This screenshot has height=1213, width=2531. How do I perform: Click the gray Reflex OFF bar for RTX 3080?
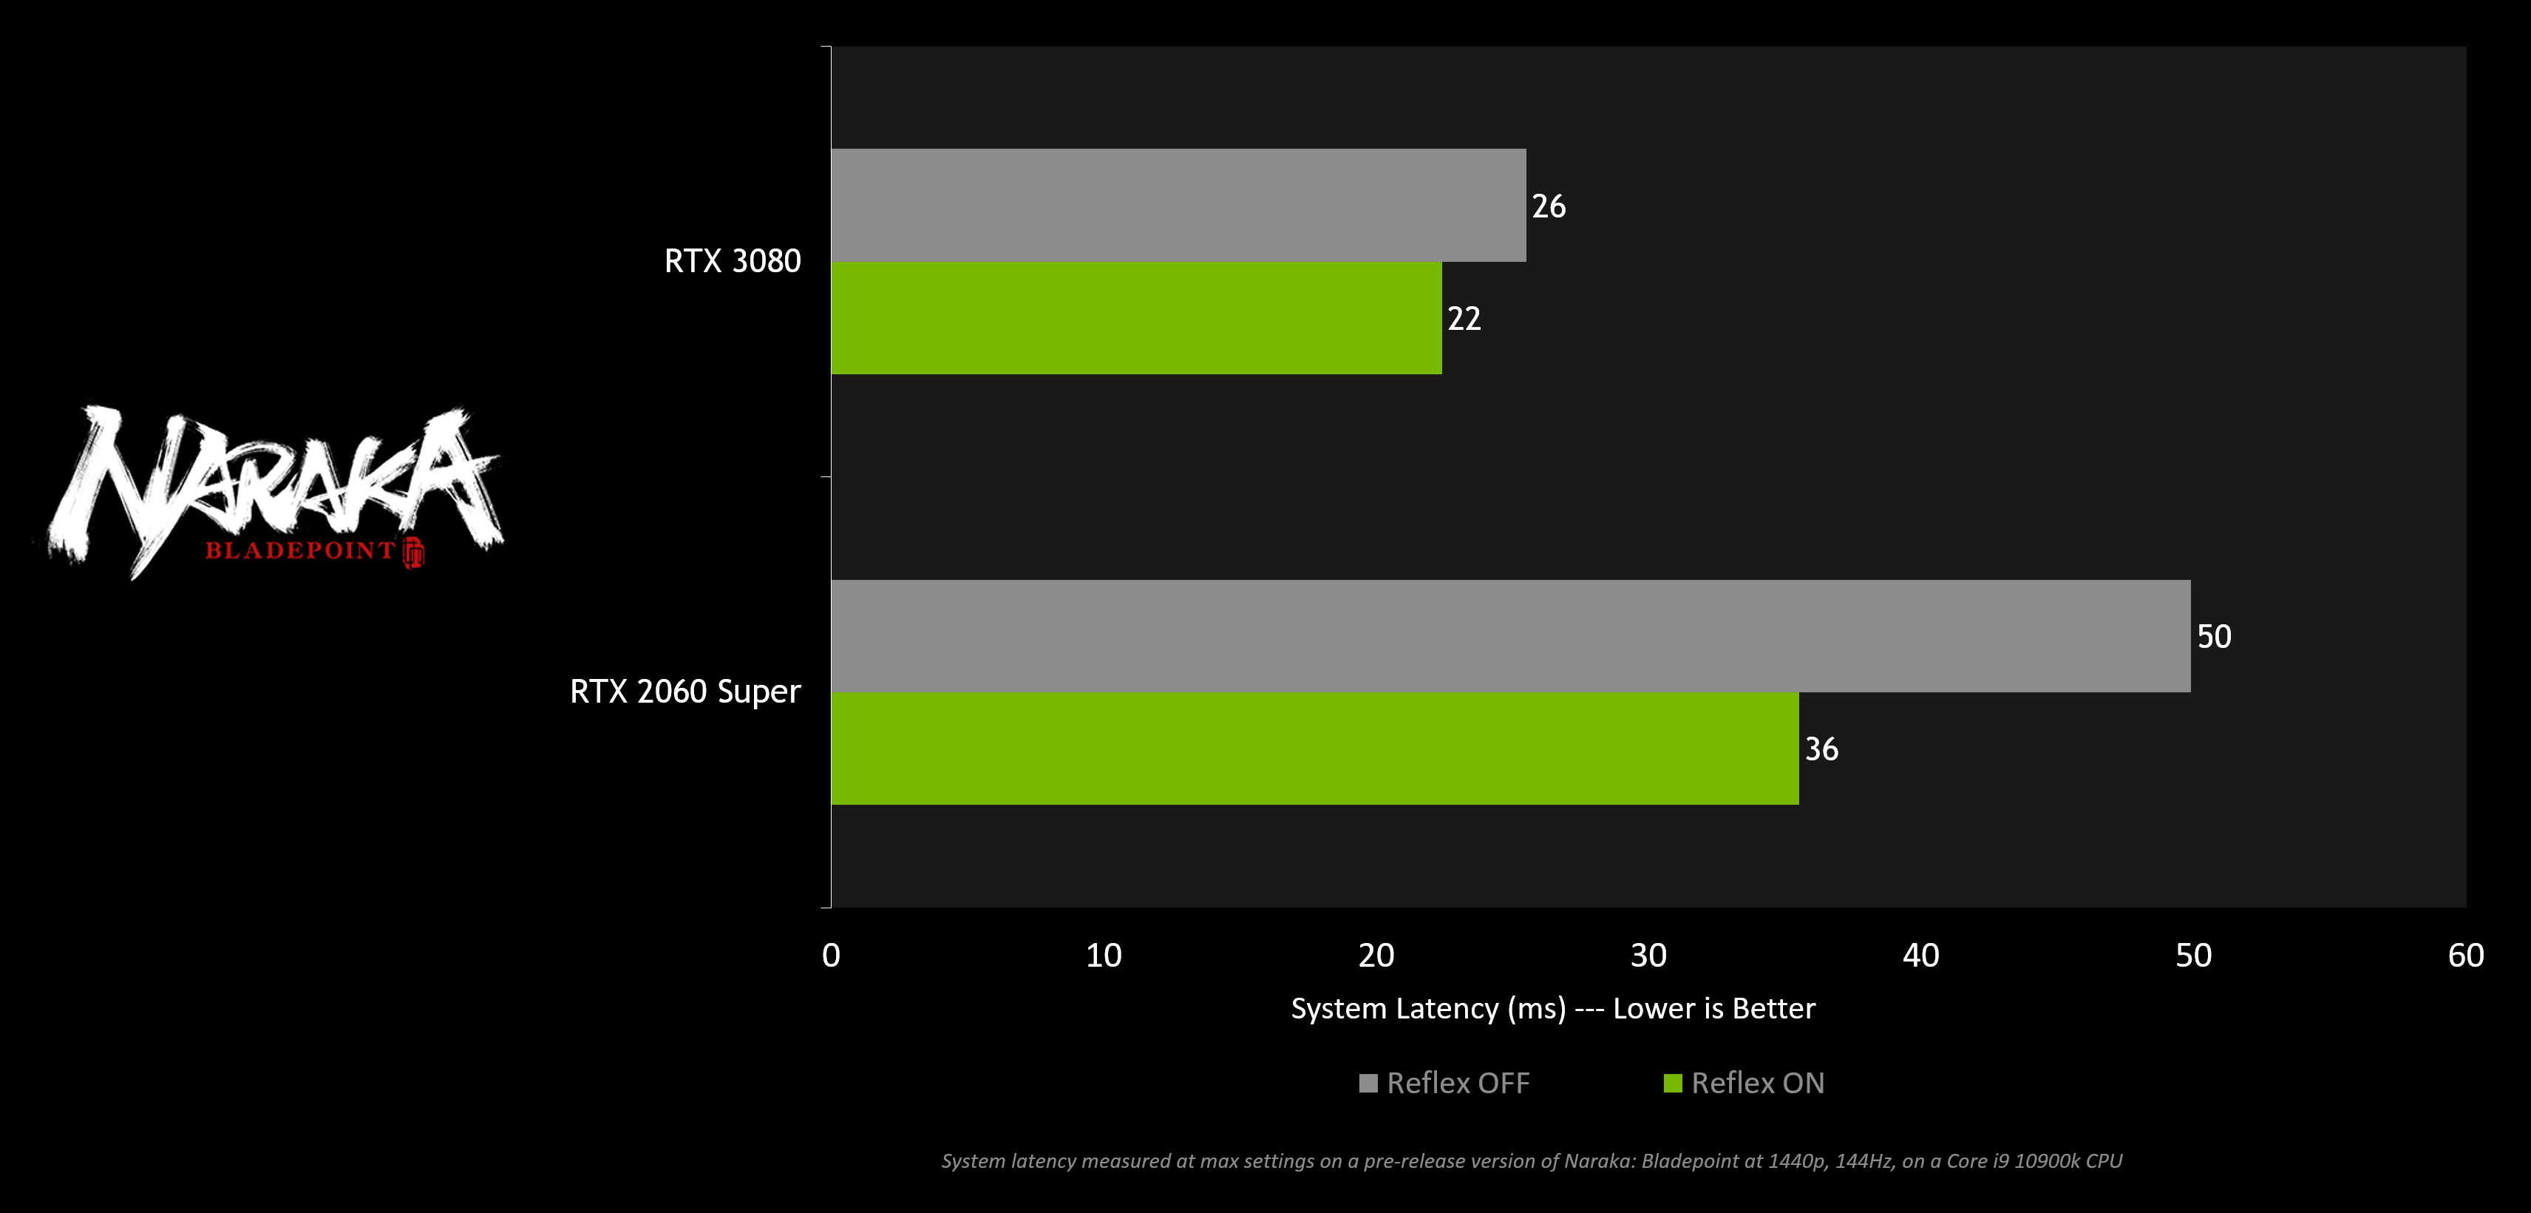click(1178, 206)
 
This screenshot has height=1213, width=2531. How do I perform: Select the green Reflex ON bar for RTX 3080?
click(1136, 317)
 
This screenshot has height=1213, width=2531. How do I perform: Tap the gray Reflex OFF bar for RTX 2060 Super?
click(1510, 636)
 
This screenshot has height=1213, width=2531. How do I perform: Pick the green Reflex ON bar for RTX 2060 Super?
click(1314, 748)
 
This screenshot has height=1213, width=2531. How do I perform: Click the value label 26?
click(1549, 206)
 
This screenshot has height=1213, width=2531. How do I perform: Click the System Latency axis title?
click(1552, 1009)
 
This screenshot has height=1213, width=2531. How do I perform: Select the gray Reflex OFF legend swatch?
click(1368, 1084)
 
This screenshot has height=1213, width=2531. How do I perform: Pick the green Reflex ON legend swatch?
click(1672, 1084)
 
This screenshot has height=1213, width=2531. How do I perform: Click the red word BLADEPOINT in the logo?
click(299, 550)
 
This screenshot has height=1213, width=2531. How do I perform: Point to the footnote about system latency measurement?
click(1532, 1161)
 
